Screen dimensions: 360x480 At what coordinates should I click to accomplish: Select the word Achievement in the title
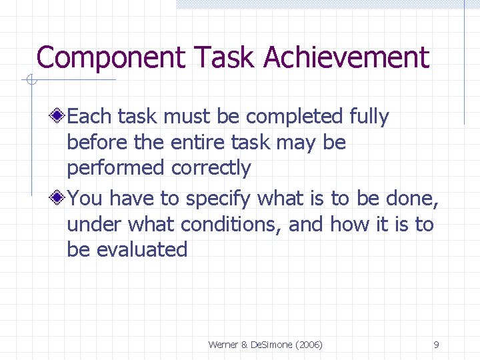(x=347, y=58)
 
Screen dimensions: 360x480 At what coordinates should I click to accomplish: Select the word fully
(x=369, y=117)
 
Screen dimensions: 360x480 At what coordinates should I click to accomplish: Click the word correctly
(x=211, y=168)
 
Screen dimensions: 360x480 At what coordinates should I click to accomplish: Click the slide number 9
(x=436, y=345)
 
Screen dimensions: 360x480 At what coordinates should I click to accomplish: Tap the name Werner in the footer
(x=223, y=345)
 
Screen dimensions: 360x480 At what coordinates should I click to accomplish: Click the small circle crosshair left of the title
(x=31, y=81)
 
